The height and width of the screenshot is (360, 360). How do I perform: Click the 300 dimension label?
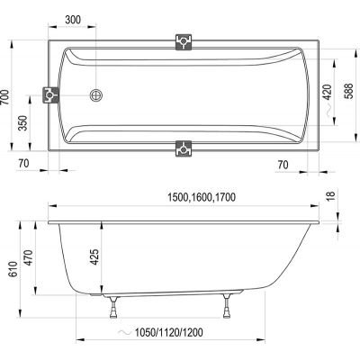tap(73, 20)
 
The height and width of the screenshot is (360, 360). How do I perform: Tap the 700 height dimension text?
tap(5, 97)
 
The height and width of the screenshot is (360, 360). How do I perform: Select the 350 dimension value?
tap(22, 123)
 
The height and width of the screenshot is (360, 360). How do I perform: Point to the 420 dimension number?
tap(327, 92)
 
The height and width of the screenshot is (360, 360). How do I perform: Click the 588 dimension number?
tap(348, 91)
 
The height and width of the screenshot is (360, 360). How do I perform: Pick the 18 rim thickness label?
tap(330, 195)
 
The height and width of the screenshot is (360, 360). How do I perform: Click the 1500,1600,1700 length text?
tap(202, 197)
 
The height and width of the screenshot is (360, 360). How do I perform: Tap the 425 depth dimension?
tap(94, 257)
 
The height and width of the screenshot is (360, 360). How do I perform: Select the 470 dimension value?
tap(28, 257)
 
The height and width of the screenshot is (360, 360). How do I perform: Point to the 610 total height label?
tap(13, 269)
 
